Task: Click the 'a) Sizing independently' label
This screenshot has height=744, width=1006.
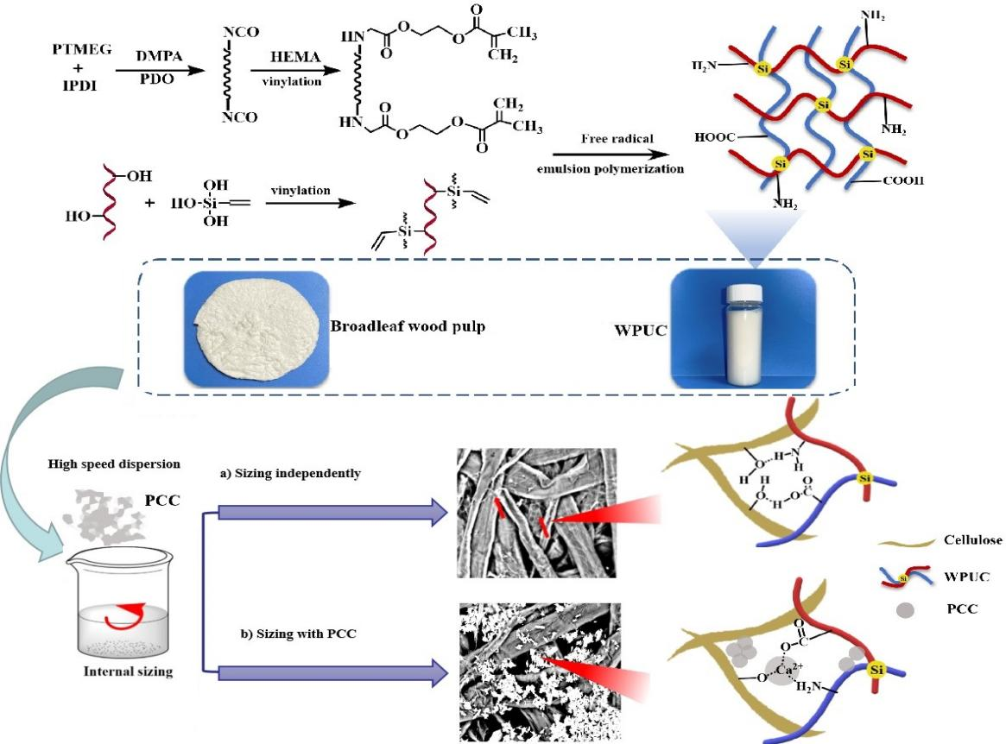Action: click(x=289, y=474)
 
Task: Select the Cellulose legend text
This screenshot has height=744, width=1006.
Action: click(x=971, y=540)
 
